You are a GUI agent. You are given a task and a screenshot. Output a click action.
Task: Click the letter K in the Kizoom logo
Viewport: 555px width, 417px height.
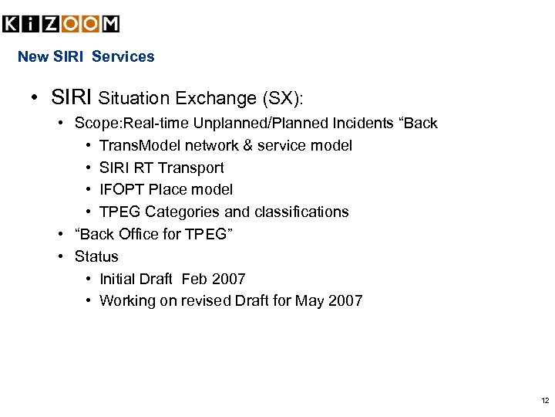tap(12, 24)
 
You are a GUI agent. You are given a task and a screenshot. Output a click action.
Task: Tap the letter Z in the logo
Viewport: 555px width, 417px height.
tap(51, 24)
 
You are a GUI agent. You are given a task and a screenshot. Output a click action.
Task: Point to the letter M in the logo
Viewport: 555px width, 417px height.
tap(110, 24)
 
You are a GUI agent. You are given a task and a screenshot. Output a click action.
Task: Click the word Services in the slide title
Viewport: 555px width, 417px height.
tap(123, 56)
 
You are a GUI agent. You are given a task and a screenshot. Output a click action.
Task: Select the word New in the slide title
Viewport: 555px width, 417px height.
tap(32, 56)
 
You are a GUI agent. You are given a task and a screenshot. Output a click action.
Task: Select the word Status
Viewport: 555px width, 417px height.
tap(96, 256)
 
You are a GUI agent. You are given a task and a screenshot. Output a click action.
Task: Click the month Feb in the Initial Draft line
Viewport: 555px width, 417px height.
tap(195, 279)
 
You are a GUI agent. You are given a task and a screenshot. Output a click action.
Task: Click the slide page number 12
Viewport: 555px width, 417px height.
tap(545, 401)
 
